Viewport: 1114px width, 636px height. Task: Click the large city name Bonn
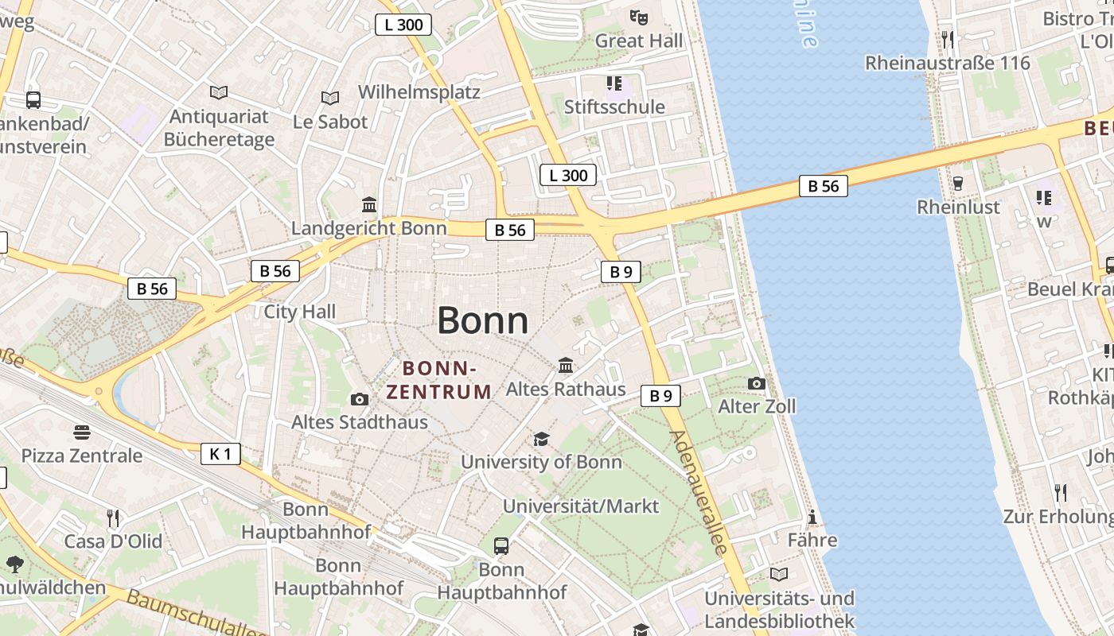click(482, 320)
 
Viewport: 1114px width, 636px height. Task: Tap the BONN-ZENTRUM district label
click(438, 380)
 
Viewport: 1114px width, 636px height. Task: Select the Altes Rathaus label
click(566, 390)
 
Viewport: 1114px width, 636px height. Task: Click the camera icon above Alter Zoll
click(757, 384)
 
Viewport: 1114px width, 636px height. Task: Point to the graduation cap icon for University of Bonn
click(541, 439)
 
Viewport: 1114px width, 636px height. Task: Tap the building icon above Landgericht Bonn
click(369, 205)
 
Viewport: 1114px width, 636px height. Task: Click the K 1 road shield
click(220, 454)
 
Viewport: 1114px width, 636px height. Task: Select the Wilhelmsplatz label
click(419, 91)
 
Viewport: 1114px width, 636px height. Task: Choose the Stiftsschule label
click(614, 107)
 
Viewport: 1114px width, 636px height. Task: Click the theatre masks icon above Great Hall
click(638, 17)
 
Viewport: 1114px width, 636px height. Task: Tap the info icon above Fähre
click(812, 518)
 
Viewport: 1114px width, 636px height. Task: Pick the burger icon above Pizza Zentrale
click(82, 432)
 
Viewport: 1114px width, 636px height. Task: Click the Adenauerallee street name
click(699, 492)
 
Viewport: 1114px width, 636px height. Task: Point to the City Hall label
click(300, 311)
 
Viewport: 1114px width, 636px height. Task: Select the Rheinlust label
click(958, 207)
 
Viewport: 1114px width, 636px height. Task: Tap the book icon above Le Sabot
click(330, 98)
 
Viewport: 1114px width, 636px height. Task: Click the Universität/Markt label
click(581, 506)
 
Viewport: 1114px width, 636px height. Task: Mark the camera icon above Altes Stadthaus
click(360, 399)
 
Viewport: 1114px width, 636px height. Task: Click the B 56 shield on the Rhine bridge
click(823, 186)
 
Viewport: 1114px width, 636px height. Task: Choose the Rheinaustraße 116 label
click(947, 62)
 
